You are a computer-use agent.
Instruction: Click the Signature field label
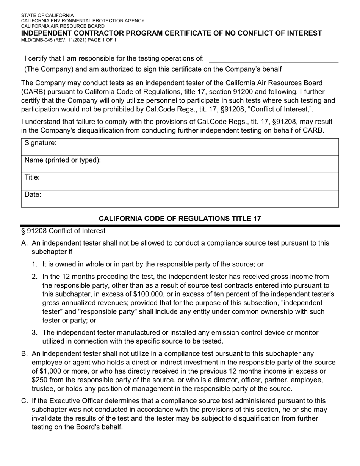[x=41, y=143]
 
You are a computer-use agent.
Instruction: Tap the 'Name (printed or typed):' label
[x=63, y=160]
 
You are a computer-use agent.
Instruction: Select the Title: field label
[x=32, y=177]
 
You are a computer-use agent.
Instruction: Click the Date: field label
[x=33, y=195]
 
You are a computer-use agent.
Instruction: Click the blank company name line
[x=273, y=59]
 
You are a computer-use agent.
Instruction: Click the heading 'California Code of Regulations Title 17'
[x=180, y=219]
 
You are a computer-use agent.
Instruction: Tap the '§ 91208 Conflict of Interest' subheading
[x=63, y=231]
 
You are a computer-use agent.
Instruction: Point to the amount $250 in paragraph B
[x=40, y=380]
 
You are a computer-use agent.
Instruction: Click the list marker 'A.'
[x=25, y=243]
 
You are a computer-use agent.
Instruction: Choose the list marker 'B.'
[x=25, y=354]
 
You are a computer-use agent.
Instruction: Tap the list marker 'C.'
[x=25, y=401]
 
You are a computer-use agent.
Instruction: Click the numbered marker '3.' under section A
[x=34, y=333]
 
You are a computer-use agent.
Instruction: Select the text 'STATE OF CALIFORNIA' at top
[x=47, y=16]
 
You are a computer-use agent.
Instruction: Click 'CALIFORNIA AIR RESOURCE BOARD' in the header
[x=63, y=26]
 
